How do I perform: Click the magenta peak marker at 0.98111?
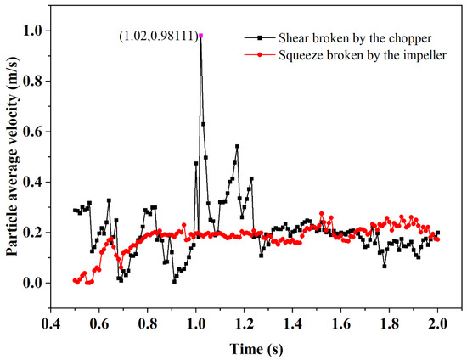click(x=201, y=36)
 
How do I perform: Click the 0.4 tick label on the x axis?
click(x=51, y=323)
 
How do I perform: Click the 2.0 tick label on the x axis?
click(x=438, y=323)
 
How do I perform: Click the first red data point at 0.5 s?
click(x=76, y=280)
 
